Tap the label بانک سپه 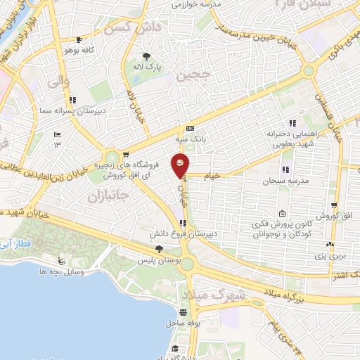191,140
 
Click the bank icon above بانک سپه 191,129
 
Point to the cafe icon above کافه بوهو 79,40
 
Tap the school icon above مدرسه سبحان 285,169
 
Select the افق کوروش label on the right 328,214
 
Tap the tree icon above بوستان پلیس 159,249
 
